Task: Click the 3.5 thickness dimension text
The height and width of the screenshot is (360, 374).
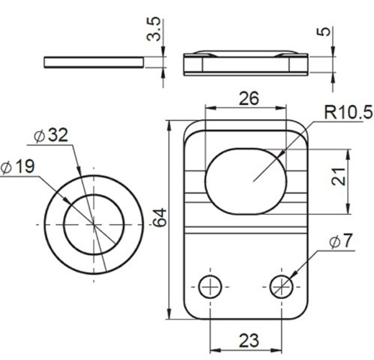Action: (153, 29)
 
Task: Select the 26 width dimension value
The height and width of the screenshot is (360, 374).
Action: (249, 98)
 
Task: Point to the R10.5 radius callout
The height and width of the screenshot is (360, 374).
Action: (348, 112)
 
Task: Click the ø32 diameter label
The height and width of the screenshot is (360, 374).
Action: (51, 135)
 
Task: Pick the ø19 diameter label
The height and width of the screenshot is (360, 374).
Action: (17, 167)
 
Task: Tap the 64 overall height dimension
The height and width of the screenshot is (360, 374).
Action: (160, 217)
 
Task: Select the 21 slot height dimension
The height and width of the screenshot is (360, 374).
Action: (338, 177)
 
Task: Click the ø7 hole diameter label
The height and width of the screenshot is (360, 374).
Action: (341, 241)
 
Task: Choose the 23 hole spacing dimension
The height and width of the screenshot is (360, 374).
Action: (249, 340)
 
